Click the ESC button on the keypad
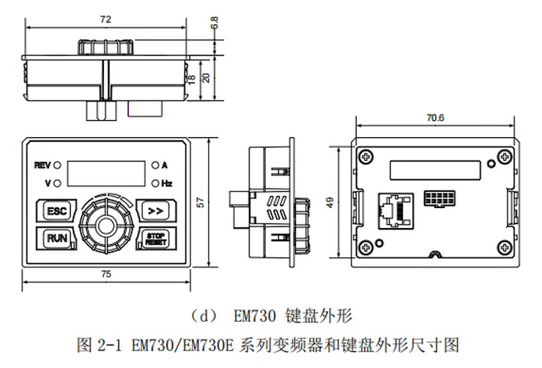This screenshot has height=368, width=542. point(56,211)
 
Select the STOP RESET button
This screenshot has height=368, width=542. point(154,239)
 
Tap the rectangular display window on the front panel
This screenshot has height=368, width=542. point(105,174)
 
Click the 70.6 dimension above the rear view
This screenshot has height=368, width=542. point(435,117)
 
